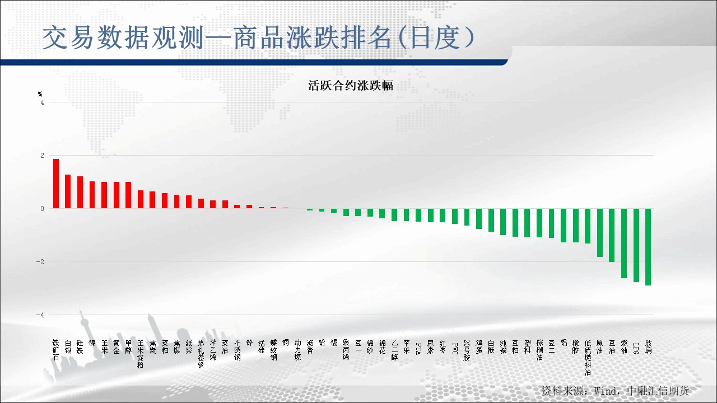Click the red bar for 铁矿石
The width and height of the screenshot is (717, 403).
click(56, 184)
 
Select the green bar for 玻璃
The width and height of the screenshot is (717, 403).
click(648, 247)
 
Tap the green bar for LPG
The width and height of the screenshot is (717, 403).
click(636, 245)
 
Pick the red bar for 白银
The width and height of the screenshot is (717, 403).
click(68, 191)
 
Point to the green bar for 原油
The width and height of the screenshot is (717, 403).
click(600, 232)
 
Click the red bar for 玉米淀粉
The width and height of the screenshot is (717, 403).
click(141, 199)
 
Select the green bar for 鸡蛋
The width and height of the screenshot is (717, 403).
click(479, 218)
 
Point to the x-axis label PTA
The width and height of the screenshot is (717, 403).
click(418, 348)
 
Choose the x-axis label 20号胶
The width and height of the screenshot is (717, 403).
click(467, 351)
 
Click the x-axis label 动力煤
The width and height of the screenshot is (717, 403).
click(297, 351)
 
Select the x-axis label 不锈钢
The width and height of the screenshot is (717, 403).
click(238, 350)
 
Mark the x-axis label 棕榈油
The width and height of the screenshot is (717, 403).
click(539, 350)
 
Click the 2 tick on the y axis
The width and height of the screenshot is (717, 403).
click(41, 155)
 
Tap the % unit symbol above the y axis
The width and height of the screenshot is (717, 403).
click(40, 94)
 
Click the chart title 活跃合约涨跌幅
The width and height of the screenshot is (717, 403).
click(350, 86)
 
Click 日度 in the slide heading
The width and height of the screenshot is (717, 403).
click(438, 38)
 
